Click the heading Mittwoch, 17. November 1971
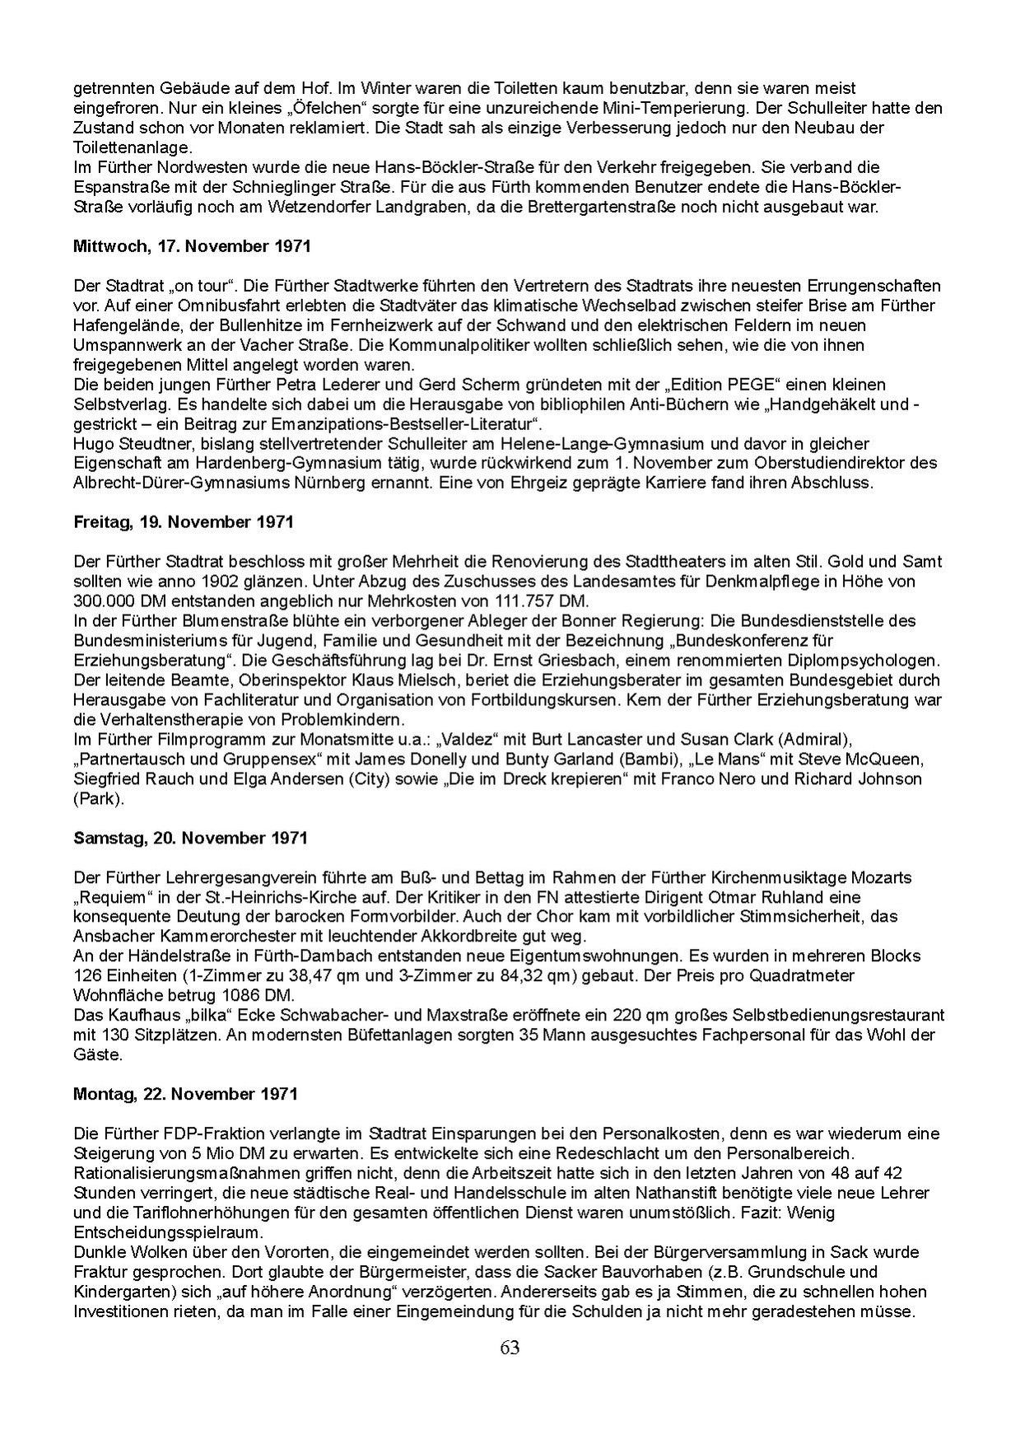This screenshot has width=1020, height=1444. pyautogui.click(x=192, y=246)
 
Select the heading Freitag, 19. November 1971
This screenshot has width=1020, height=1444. pyautogui.click(x=184, y=522)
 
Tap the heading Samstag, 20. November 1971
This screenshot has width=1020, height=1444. pyautogui.click(x=190, y=838)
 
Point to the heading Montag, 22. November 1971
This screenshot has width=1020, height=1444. pyautogui.click(x=185, y=1094)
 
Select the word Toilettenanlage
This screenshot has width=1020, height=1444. pyautogui.click(x=132, y=147)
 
